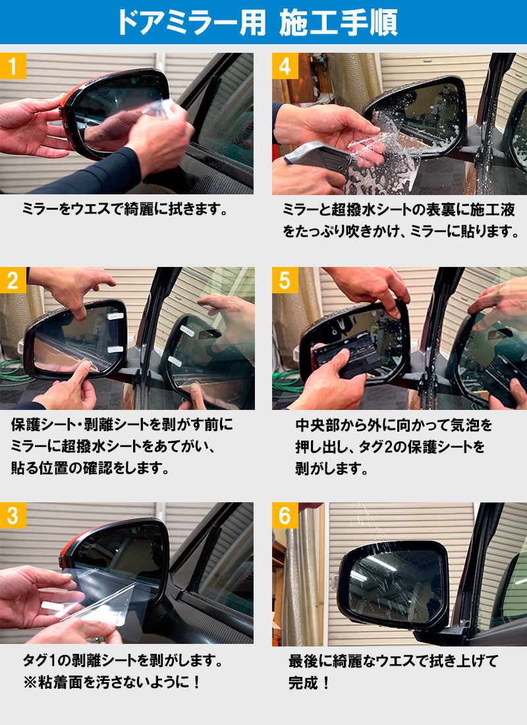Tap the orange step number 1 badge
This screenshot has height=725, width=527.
(13, 66)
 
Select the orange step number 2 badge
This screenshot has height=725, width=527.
(13, 281)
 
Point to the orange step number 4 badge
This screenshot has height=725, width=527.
(285, 66)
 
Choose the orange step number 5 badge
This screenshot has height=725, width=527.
(285, 281)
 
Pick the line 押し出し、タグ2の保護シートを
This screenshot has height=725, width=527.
(389, 447)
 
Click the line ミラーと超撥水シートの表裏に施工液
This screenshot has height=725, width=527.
(398, 210)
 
